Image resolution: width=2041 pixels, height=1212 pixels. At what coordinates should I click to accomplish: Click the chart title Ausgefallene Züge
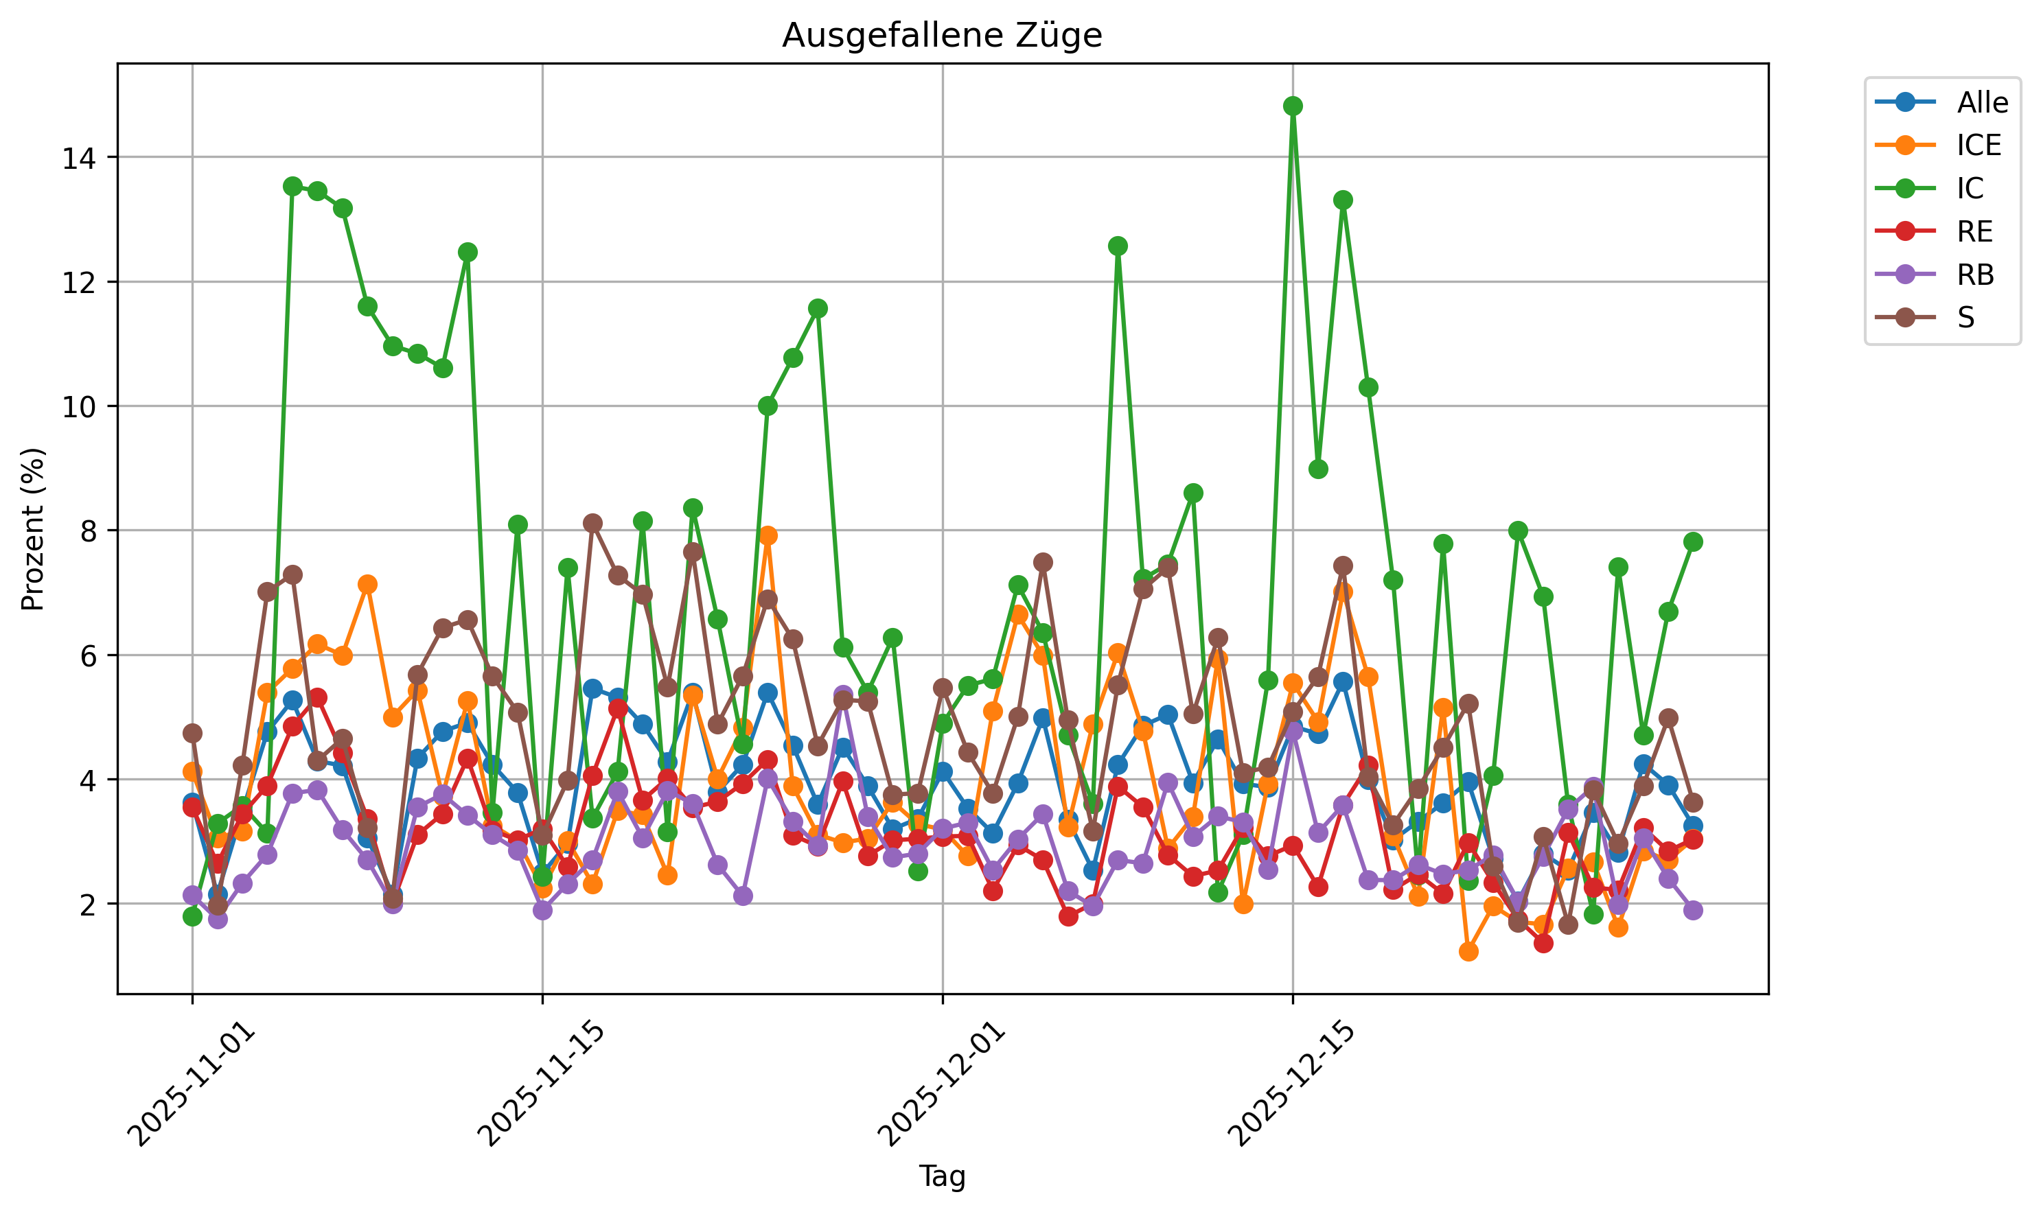(x=942, y=35)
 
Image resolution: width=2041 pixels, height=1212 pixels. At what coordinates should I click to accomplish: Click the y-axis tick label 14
(x=78, y=158)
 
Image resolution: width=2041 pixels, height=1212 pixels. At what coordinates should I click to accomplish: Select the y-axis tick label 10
(x=78, y=407)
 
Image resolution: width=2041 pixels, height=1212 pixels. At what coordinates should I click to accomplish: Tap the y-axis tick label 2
(x=87, y=904)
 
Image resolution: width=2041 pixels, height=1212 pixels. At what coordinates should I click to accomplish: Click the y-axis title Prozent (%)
(x=33, y=528)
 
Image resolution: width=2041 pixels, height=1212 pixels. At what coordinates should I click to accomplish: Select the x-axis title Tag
(x=942, y=1176)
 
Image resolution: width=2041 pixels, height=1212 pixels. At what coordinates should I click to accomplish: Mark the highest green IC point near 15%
(x=1293, y=106)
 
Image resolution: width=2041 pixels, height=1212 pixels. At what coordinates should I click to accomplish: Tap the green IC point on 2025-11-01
(x=193, y=916)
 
